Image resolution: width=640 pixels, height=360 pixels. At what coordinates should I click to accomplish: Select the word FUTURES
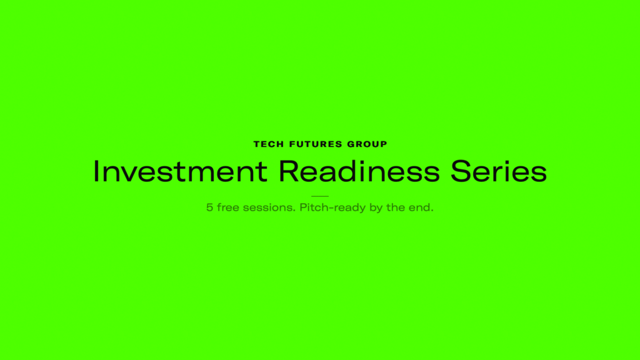click(316, 144)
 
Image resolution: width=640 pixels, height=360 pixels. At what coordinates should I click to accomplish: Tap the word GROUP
click(367, 144)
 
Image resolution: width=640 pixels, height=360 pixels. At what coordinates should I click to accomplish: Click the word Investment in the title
click(180, 171)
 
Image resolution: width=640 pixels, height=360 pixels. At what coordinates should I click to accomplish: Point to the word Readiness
click(359, 171)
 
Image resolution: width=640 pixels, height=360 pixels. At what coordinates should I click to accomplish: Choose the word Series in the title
click(498, 171)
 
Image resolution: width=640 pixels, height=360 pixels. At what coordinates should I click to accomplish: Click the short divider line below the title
click(320, 196)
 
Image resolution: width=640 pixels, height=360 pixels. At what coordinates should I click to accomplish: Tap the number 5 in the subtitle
click(209, 207)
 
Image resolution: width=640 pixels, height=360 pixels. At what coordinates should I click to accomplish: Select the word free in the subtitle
click(227, 207)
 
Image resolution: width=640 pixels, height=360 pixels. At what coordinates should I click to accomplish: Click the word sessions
click(269, 207)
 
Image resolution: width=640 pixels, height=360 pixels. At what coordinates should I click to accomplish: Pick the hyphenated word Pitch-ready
click(332, 207)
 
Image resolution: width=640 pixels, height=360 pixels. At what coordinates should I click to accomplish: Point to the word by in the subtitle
click(376, 207)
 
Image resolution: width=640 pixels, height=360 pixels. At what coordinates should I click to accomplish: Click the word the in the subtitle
click(396, 207)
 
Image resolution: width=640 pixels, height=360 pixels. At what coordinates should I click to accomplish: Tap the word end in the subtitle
click(421, 207)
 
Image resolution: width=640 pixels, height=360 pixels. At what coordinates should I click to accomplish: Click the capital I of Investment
click(96, 171)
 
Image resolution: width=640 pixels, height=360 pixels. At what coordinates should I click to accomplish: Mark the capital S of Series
click(461, 171)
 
